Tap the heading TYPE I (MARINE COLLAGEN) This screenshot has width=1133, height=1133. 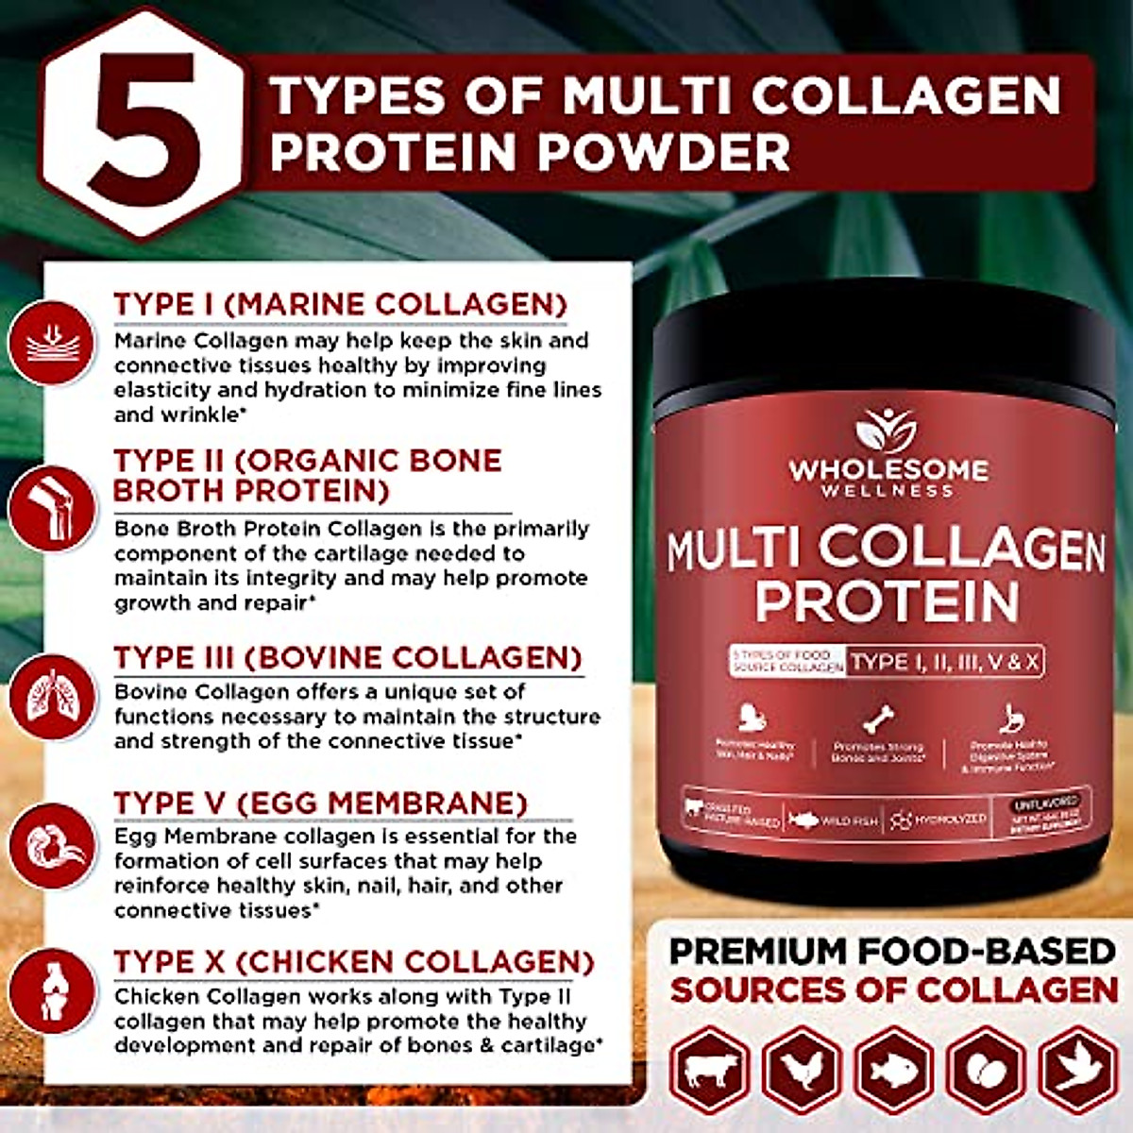pos(341,304)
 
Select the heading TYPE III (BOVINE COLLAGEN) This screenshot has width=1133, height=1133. pos(347,657)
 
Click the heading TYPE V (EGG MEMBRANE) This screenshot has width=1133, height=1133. pos(320,803)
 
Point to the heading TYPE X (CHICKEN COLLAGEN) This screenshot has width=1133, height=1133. pos(354,962)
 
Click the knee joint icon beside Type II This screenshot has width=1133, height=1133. pos(53,508)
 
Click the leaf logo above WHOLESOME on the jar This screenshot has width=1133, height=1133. pos(886,431)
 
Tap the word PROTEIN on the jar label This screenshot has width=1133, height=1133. pos(887,601)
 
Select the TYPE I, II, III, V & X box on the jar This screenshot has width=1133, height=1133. pos(944,661)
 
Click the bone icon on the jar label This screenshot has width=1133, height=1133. pos(880,720)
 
